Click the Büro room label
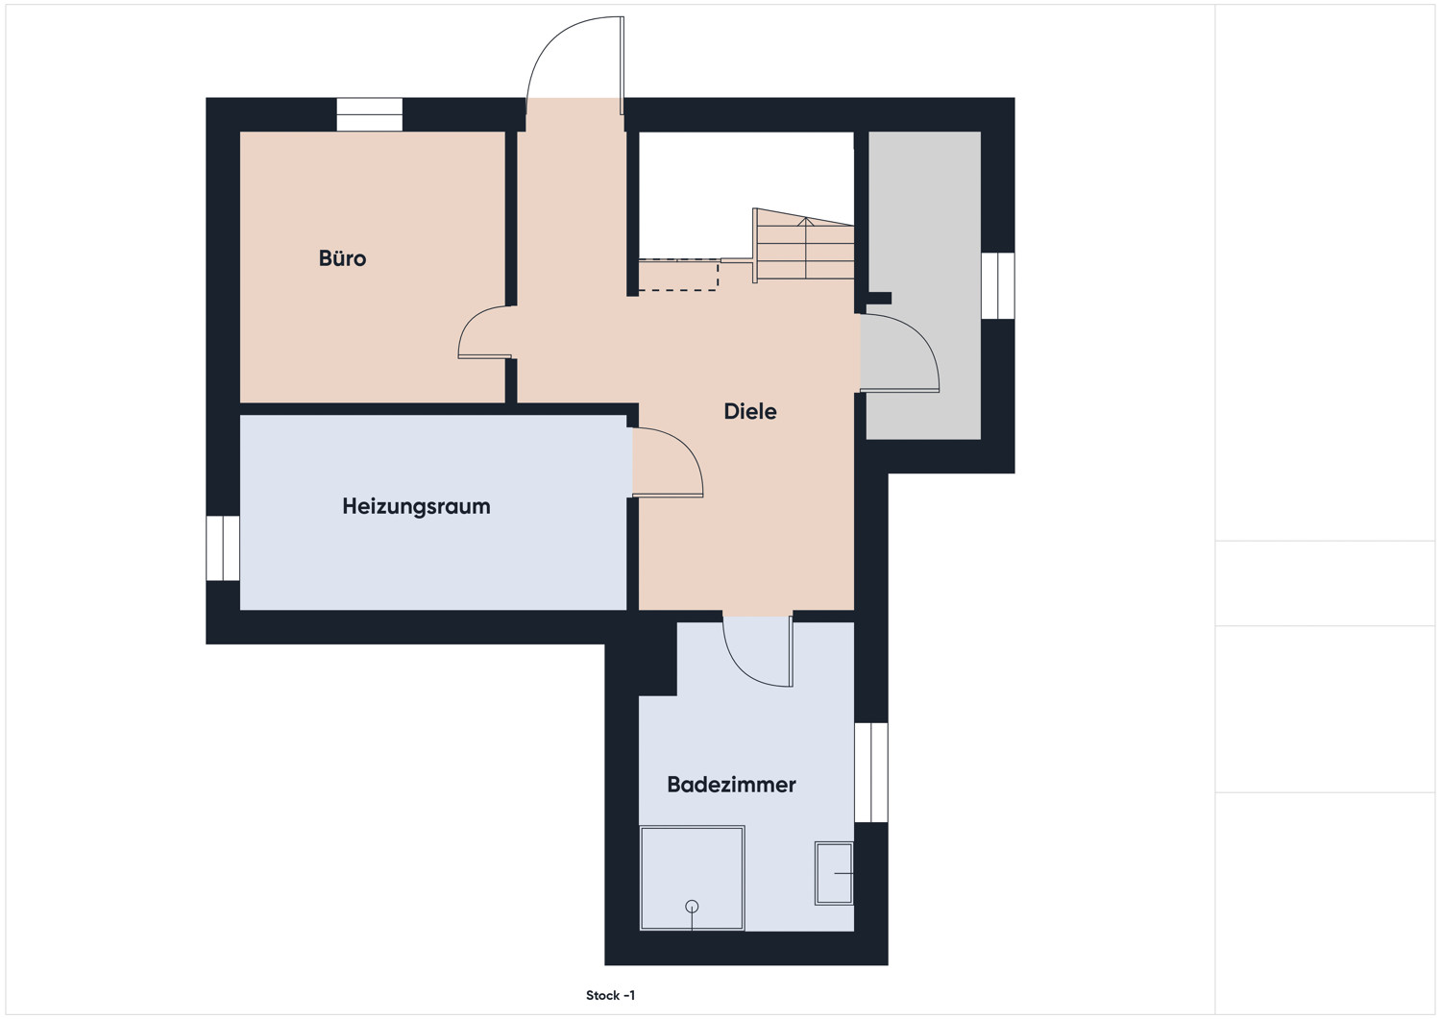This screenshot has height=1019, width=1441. coord(342,258)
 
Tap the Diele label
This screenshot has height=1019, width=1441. coord(750,411)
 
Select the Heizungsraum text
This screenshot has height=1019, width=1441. coord(416,506)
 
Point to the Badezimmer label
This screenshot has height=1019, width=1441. coord(731,785)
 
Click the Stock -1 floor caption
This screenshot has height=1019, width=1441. coord(610,995)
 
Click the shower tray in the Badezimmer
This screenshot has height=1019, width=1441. coord(693,878)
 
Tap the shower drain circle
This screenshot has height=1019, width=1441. coord(693,907)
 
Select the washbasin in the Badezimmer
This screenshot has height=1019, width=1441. coord(834,873)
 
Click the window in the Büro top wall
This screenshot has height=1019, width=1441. coord(370,114)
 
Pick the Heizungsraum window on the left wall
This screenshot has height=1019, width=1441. coord(223,548)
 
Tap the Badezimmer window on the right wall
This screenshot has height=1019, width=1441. coord(871,772)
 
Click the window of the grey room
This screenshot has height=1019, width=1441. coord(998,285)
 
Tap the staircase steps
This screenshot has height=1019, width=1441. coord(803,245)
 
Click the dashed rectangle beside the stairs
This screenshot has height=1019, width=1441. coord(678,275)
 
